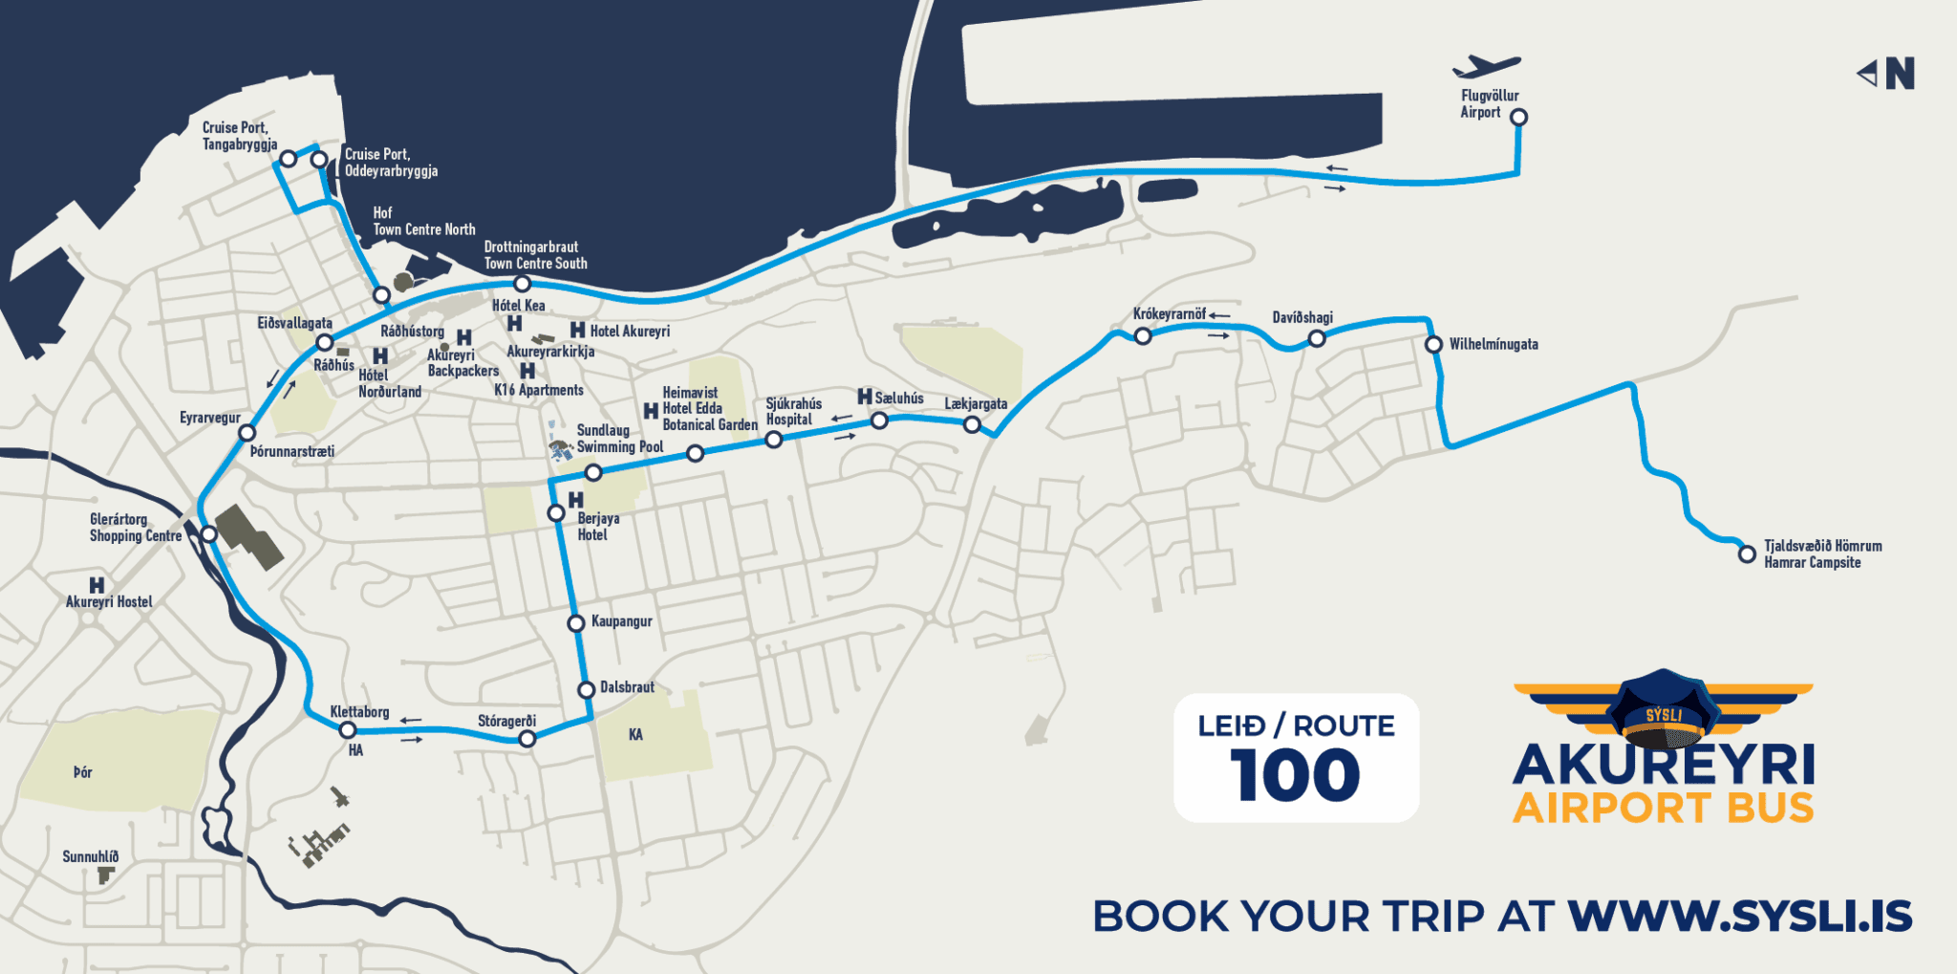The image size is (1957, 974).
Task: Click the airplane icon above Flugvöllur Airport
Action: pos(1486,67)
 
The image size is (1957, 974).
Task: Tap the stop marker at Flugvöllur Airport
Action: pos(1518,118)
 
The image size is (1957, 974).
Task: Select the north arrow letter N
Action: pos(1900,74)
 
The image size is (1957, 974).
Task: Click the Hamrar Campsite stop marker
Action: pos(1747,554)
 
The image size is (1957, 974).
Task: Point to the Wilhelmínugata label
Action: pos(1493,344)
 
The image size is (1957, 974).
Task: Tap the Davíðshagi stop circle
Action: pos(1317,338)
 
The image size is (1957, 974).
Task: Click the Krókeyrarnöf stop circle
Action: pos(1143,335)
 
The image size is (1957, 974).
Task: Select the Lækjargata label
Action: pos(976,403)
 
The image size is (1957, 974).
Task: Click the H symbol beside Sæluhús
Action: pos(865,397)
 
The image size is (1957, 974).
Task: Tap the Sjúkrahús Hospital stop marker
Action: pos(774,440)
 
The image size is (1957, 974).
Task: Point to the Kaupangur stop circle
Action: pos(576,624)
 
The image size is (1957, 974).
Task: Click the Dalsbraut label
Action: pos(627,687)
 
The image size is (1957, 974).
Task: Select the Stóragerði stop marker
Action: pos(527,738)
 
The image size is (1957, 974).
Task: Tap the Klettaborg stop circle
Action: pos(348,730)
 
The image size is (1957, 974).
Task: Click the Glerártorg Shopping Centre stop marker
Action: pos(209,534)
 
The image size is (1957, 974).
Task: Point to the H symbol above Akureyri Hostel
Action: pos(97,585)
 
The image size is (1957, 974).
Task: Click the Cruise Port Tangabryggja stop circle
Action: pos(289,159)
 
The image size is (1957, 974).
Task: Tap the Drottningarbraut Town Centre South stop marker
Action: pos(522,284)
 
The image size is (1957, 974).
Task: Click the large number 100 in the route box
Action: pos(1295,775)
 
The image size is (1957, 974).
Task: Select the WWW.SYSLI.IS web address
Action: pos(1739,916)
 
